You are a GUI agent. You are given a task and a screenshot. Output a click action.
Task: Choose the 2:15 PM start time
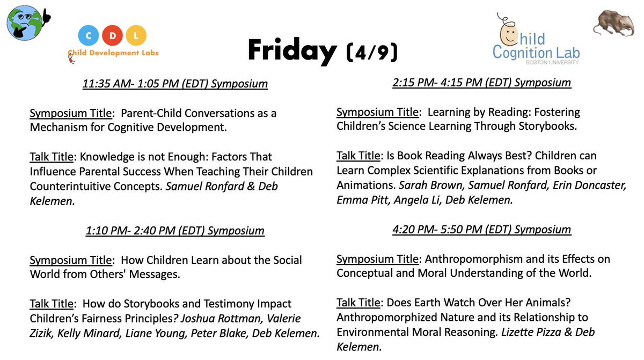[406, 83]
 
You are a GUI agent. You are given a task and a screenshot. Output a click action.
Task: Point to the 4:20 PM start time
[407, 230]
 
